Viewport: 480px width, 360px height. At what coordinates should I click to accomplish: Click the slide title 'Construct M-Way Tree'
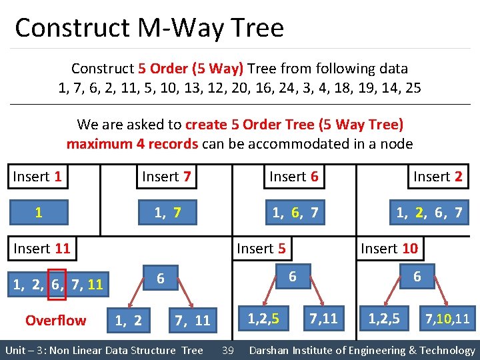point(149,28)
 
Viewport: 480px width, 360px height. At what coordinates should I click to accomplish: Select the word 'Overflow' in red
point(55,321)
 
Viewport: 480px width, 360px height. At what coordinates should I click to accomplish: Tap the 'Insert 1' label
point(38,177)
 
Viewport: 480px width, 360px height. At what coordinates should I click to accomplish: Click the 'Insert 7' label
point(166,177)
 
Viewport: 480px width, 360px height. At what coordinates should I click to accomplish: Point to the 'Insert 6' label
point(293,177)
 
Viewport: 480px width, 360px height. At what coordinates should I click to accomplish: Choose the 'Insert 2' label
point(437,177)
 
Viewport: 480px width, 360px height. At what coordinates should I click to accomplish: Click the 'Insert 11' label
point(41,249)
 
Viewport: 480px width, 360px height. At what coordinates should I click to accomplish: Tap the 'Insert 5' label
point(261,249)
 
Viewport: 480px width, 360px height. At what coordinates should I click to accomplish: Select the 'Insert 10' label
point(389,249)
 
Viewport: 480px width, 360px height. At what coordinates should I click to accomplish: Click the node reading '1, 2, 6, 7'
point(429,213)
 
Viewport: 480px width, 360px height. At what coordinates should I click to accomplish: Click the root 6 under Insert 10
point(417,276)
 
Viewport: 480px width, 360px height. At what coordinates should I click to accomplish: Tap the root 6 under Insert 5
point(292,276)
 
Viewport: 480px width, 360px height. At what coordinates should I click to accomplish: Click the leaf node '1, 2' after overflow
point(128,321)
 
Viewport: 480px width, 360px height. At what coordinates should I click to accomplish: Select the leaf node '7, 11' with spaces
point(191,321)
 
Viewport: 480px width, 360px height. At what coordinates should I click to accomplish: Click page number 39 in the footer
point(227,351)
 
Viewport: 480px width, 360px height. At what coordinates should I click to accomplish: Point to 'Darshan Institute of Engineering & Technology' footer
point(361,351)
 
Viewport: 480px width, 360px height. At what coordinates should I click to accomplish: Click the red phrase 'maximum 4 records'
point(132,143)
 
